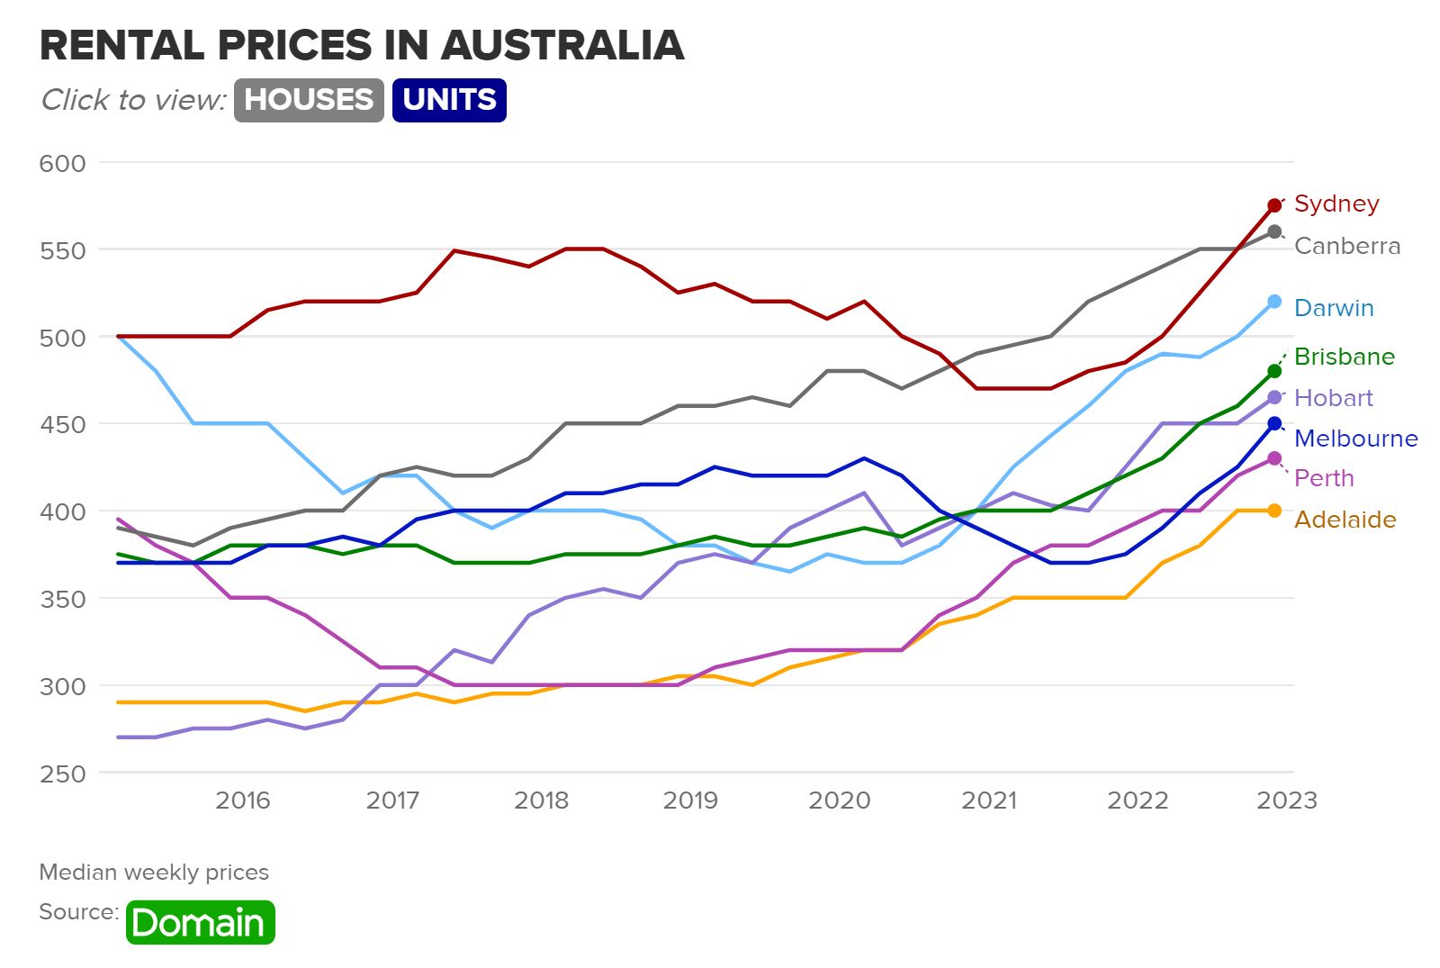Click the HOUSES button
(x=309, y=99)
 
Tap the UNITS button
(x=449, y=99)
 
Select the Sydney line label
(x=1336, y=204)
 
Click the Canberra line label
(x=1346, y=246)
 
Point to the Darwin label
(x=1333, y=308)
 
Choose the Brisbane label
(x=1344, y=357)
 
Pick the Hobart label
(x=1333, y=398)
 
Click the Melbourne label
(x=1355, y=439)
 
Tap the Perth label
(x=1323, y=478)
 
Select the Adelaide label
(x=1345, y=520)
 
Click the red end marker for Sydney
(x=1274, y=205)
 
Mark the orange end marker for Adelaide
(x=1274, y=511)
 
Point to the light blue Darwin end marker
(x=1274, y=302)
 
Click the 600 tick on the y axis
(x=63, y=163)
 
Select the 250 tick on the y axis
(x=63, y=773)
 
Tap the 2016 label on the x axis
(x=242, y=801)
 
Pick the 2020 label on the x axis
(x=839, y=801)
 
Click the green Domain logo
(x=200, y=922)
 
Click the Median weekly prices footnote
(x=154, y=873)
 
